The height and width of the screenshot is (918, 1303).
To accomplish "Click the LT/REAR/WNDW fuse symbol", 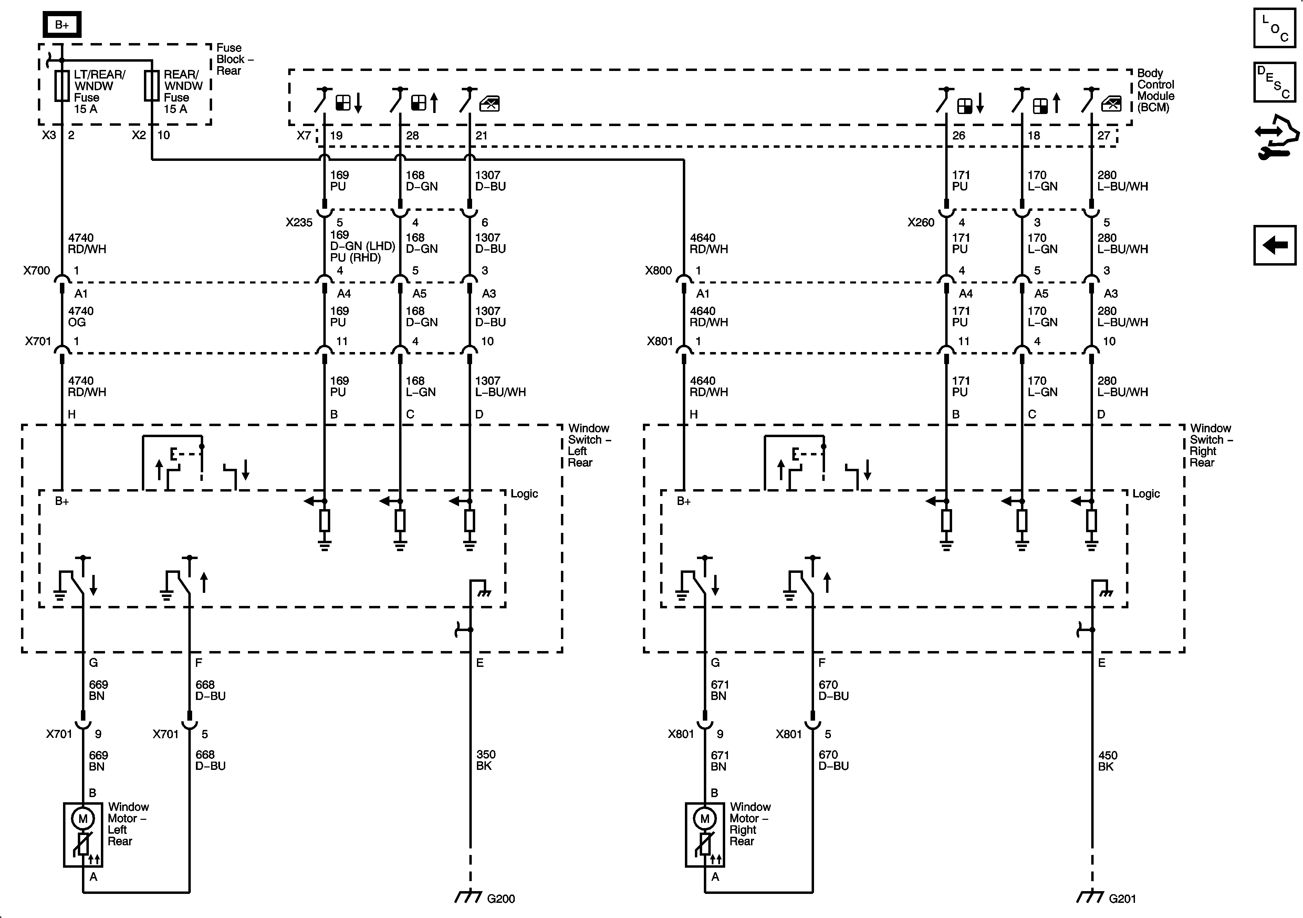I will coord(62,86).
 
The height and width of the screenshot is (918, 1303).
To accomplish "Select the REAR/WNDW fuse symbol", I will coord(152,86).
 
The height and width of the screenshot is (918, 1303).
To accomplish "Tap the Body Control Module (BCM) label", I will coord(1155,90).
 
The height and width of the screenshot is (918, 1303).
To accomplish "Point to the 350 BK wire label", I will coord(485,760).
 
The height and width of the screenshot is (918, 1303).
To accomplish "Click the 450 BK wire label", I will coord(1107,761).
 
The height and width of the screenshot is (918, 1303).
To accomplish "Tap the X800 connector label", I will coord(658,271).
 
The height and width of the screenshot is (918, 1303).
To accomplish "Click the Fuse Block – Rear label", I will coord(234,59).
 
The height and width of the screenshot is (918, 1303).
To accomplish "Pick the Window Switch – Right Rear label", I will coord(1210,445).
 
